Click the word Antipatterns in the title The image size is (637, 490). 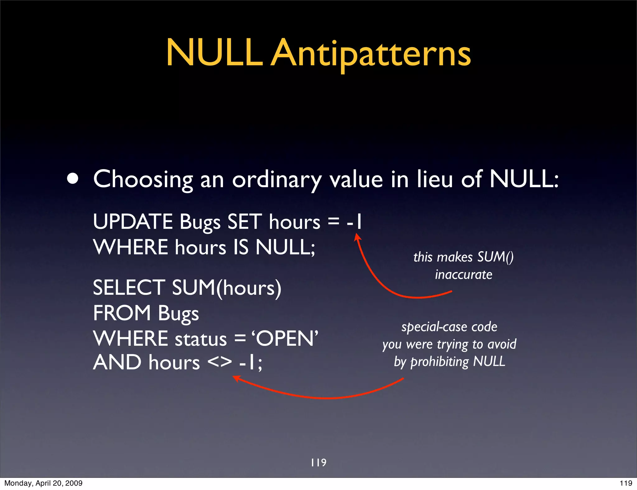[371, 54]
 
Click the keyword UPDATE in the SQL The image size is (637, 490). [133, 222]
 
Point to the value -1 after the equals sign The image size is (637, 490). [355, 222]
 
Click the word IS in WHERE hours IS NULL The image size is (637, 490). [241, 247]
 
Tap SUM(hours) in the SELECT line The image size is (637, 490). [226, 288]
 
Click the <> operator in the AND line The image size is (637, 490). [220, 363]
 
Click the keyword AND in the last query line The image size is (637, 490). [117, 363]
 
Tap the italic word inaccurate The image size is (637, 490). [463, 275]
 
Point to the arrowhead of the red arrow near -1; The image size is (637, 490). [236, 378]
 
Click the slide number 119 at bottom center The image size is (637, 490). [318, 463]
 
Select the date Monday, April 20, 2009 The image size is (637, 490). [43, 483]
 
